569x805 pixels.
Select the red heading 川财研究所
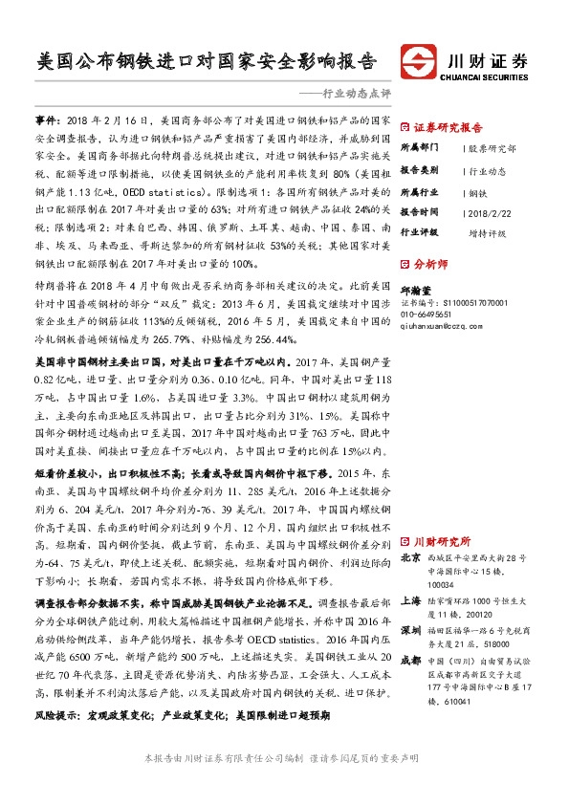[439, 539]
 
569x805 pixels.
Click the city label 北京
[408, 556]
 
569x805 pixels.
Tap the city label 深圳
[408, 633]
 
